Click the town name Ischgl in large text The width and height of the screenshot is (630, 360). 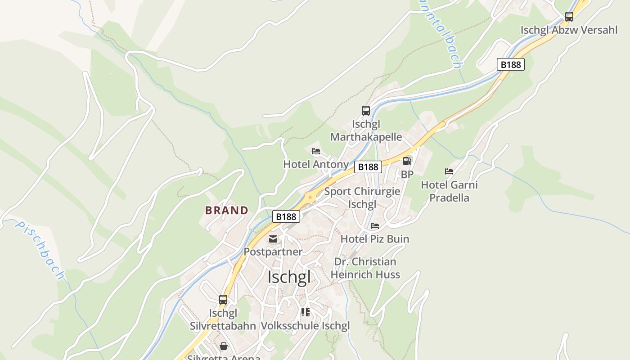click(x=289, y=277)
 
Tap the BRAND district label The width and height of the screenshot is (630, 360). click(x=227, y=210)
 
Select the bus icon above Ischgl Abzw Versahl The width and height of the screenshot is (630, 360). click(x=569, y=17)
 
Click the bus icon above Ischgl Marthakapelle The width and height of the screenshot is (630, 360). click(x=366, y=111)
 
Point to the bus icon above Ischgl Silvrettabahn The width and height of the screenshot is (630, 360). click(x=223, y=299)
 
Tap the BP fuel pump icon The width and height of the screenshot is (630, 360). click(x=407, y=161)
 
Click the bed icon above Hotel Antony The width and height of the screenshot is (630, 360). click(x=316, y=151)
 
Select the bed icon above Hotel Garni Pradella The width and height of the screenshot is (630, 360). click(x=449, y=171)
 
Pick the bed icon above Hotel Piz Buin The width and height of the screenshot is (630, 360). click(x=375, y=225)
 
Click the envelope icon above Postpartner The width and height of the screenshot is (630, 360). click(x=273, y=239)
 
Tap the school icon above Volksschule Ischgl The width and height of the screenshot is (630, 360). click(x=306, y=312)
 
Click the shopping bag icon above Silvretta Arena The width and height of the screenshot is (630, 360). click(x=224, y=346)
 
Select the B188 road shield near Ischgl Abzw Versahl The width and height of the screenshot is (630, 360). click(x=511, y=64)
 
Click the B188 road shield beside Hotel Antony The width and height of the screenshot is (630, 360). click(x=368, y=167)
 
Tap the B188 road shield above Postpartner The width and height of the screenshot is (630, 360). click(x=286, y=216)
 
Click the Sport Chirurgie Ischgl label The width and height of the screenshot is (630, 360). click(x=362, y=198)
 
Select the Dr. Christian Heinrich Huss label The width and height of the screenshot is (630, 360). click(x=365, y=268)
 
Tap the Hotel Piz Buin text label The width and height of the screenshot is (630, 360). click(x=375, y=239)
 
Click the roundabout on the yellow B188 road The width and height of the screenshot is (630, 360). click(x=310, y=197)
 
